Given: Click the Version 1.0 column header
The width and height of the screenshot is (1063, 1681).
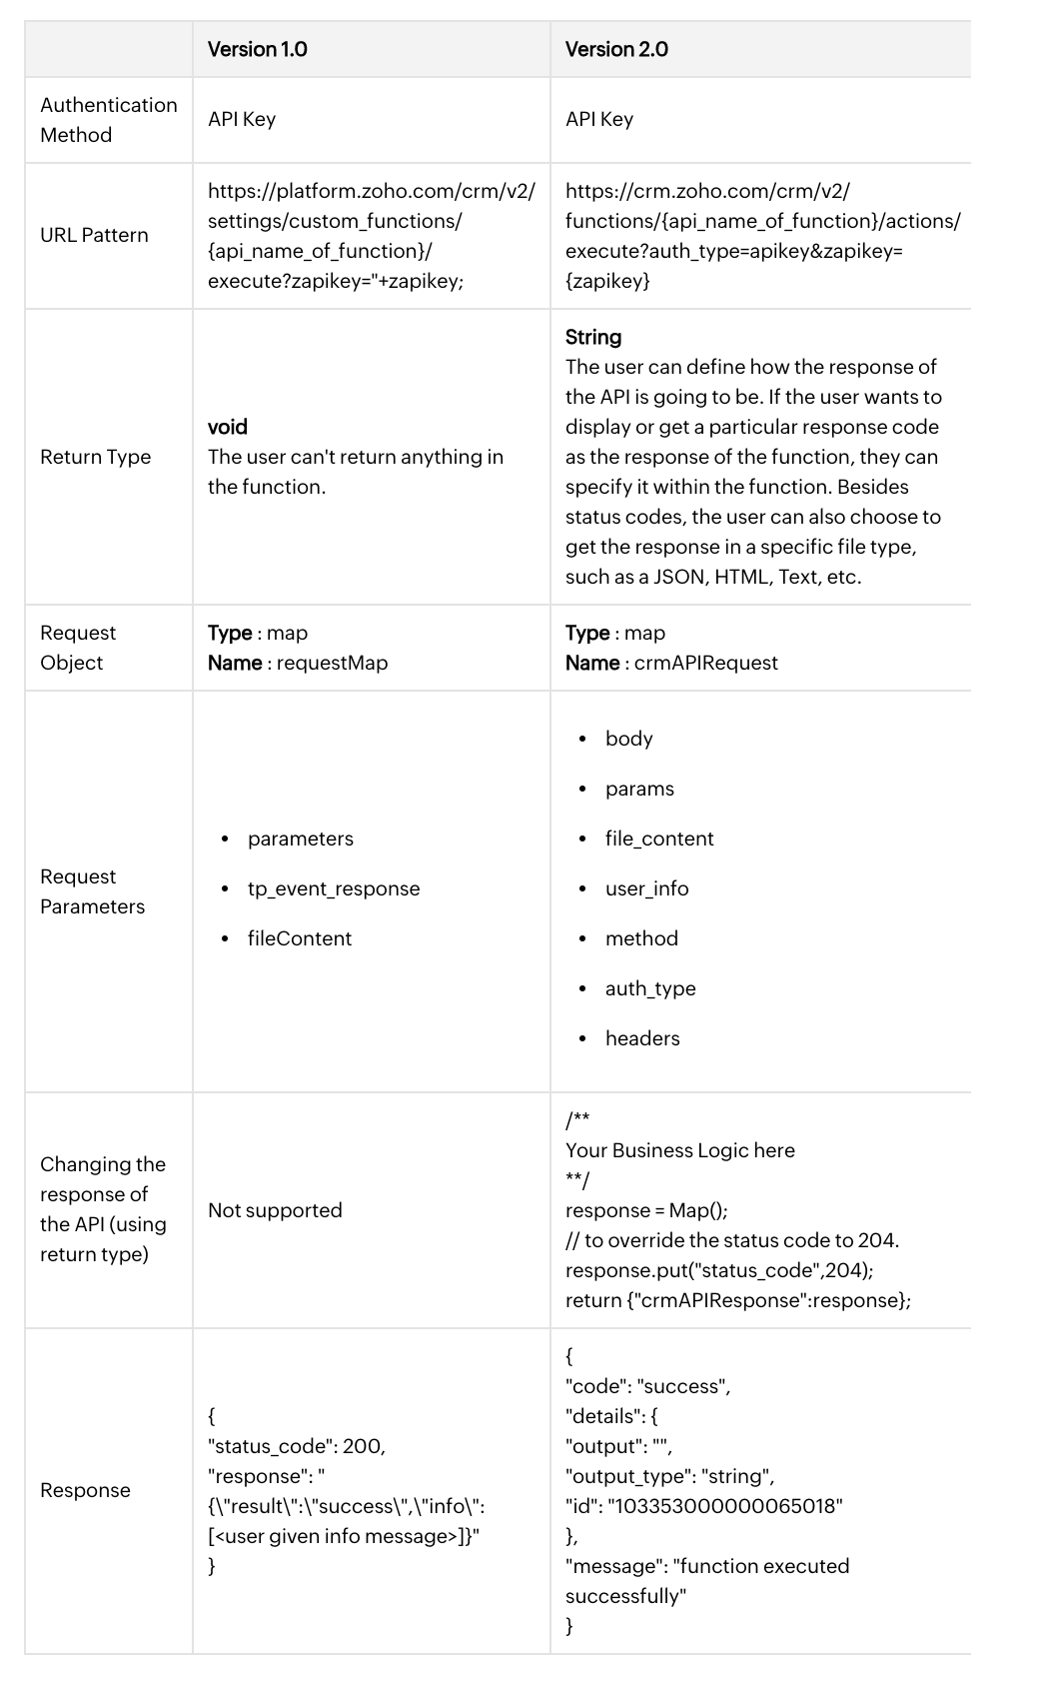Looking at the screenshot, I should click(257, 49).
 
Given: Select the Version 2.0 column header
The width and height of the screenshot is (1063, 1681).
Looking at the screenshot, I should click(616, 49).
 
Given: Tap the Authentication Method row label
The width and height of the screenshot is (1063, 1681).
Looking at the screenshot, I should click(108, 120).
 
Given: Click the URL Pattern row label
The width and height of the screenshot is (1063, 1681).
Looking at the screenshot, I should click(94, 235).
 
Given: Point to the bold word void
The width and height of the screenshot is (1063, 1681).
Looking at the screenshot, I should click(227, 427).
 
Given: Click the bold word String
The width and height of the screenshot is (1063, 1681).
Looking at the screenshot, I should click(593, 337).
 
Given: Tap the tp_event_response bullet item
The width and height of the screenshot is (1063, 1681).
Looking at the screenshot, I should click(334, 888).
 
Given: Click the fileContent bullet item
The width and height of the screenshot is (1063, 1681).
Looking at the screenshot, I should click(300, 938).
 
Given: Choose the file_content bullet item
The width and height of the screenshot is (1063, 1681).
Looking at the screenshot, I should click(659, 839).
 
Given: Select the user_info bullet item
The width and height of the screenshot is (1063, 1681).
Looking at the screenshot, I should click(646, 888).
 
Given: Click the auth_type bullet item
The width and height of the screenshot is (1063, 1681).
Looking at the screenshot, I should click(650, 988).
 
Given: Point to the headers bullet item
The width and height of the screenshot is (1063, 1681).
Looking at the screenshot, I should click(642, 1038).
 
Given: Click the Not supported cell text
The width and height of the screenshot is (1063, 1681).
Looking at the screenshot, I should click(275, 1210).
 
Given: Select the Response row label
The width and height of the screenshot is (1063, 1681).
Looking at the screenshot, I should click(85, 1490).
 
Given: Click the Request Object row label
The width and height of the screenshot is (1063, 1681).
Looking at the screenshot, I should click(78, 648).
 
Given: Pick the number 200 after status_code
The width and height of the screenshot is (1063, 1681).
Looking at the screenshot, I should click(363, 1446).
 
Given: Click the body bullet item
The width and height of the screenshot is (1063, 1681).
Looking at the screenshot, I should click(628, 739).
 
